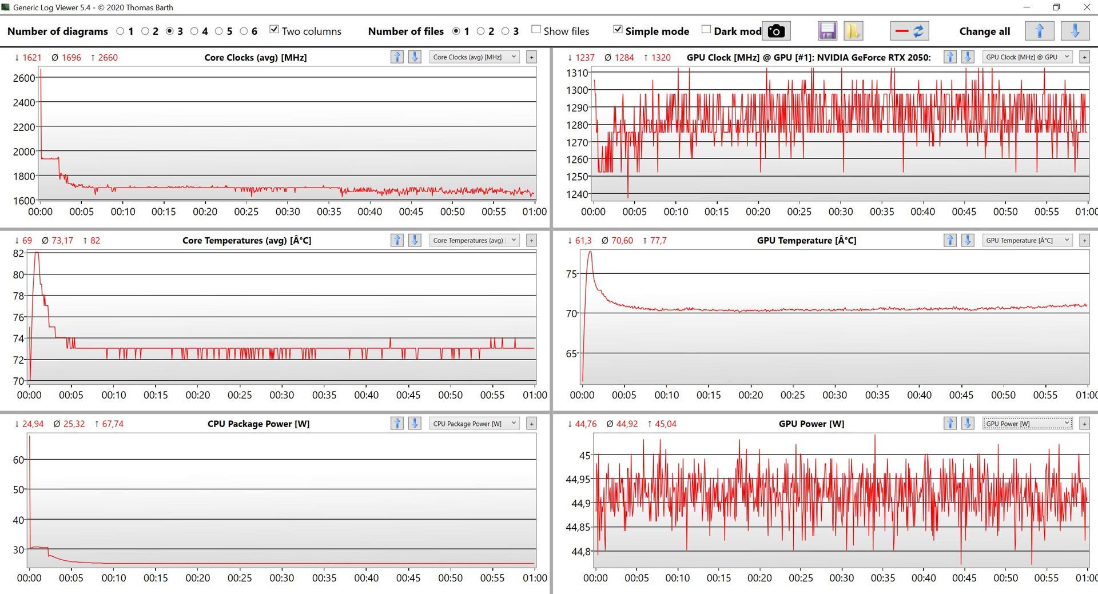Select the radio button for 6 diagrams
[x=244, y=31]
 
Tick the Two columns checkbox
[x=274, y=30]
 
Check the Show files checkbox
[x=536, y=30]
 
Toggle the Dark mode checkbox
[x=706, y=30]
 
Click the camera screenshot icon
[x=776, y=31]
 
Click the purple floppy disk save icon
[x=827, y=31]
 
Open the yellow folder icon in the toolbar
[x=853, y=31]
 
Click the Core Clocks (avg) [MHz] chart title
[x=256, y=58]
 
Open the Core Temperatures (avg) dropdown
[x=474, y=241]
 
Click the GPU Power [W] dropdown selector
[x=1027, y=424]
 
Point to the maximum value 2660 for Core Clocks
[x=108, y=58]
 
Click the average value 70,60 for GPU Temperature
[x=622, y=241]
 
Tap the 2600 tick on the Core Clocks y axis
[x=24, y=78]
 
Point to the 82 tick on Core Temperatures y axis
[x=18, y=254]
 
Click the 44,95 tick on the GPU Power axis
[x=578, y=479]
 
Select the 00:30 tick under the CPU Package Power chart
[x=282, y=578]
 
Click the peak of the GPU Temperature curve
[x=590, y=252]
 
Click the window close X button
[x=1087, y=7]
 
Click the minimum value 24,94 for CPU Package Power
[x=33, y=424]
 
